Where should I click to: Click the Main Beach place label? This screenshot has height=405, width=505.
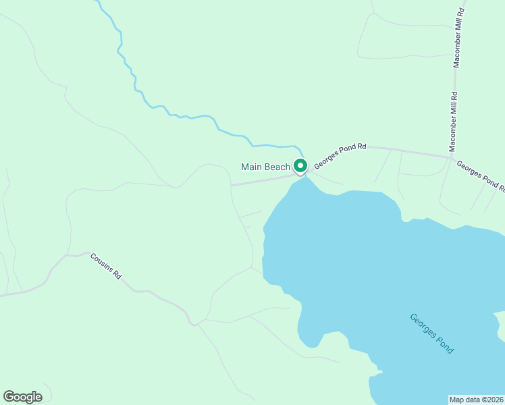(x=265, y=167)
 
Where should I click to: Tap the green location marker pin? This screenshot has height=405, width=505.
(x=300, y=166)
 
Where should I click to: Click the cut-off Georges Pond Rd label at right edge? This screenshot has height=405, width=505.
(x=480, y=175)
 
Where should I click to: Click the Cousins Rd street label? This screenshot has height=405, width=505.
(x=106, y=266)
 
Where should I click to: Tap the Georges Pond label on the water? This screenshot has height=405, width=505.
(x=432, y=333)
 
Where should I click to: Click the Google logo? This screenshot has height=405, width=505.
(x=22, y=397)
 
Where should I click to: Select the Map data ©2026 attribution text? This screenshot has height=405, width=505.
(x=477, y=399)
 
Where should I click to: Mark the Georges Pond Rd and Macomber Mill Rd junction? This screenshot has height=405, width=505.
(x=450, y=158)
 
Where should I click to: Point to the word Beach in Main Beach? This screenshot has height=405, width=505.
(x=277, y=167)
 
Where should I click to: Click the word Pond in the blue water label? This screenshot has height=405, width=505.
(x=446, y=346)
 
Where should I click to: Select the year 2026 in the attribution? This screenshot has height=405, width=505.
(x=494, y=399)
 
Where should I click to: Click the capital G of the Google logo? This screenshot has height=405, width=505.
(x=9, y=397)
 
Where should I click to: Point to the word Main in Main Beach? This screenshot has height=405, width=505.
(x=252, y=167)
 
